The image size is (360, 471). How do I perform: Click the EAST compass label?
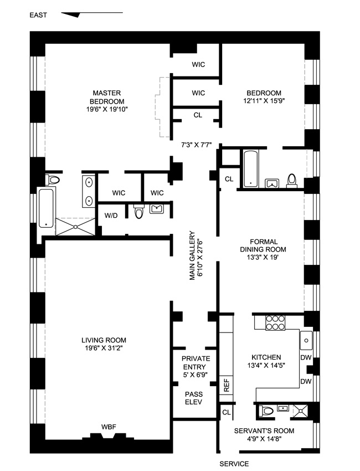coord(38,15)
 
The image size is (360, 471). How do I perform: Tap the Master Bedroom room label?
coord(107,97)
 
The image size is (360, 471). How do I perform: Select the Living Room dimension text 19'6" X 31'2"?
coord(104,349)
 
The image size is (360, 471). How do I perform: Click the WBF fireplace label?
coord(109,427)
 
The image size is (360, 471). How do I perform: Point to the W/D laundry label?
coord(111,216)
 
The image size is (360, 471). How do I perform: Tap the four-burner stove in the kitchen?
coord(275,322)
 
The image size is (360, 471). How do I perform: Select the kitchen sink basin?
coord(306,341)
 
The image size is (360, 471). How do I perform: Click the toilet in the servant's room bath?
coord(266,411)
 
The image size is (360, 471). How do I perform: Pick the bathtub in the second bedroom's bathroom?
coord(250,168)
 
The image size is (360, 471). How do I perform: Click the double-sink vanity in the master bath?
coord(89,191)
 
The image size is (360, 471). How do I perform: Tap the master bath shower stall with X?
coord(75,227)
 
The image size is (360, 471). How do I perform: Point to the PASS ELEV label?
coord(194,398)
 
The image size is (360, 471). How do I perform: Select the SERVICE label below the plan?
coord(234,464)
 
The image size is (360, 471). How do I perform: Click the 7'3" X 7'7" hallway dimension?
coord(197,145)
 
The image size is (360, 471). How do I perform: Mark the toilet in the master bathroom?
coord(53,180)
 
